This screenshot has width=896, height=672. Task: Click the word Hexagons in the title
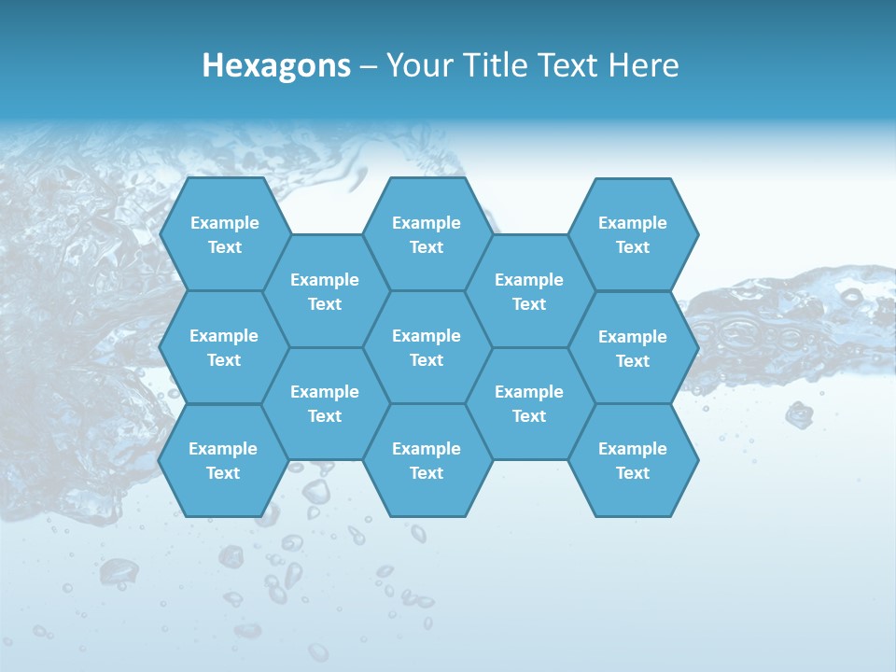276,65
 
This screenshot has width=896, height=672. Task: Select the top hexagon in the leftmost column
224,234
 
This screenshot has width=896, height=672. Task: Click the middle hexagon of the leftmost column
224,347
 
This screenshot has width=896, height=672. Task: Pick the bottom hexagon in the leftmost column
223,460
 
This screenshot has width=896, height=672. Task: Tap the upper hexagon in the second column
325,291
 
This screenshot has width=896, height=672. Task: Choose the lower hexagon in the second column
325,403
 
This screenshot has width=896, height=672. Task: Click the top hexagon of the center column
427,234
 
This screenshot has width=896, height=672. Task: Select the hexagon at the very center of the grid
427,347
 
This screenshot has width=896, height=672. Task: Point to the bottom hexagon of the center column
427,460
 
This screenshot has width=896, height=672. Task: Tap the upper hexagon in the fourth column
529,291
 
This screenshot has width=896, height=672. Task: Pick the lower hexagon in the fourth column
529,403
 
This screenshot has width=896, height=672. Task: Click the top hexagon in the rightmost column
633,234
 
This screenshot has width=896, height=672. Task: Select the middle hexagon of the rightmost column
633,348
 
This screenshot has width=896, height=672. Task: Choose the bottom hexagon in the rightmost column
633,460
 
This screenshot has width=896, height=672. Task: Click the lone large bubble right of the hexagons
799,414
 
